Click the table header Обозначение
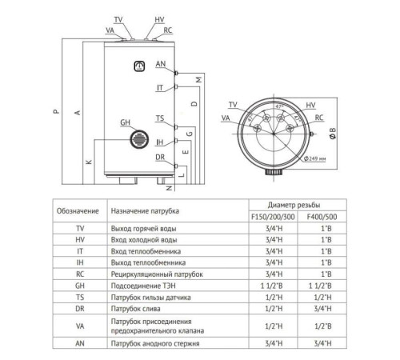click(78, 210)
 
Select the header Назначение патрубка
click(145, 210)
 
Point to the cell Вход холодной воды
click(142, 240)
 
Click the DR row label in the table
click(78, 307)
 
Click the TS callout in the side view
click(160, 118)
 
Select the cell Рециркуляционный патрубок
click(154, 274)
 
